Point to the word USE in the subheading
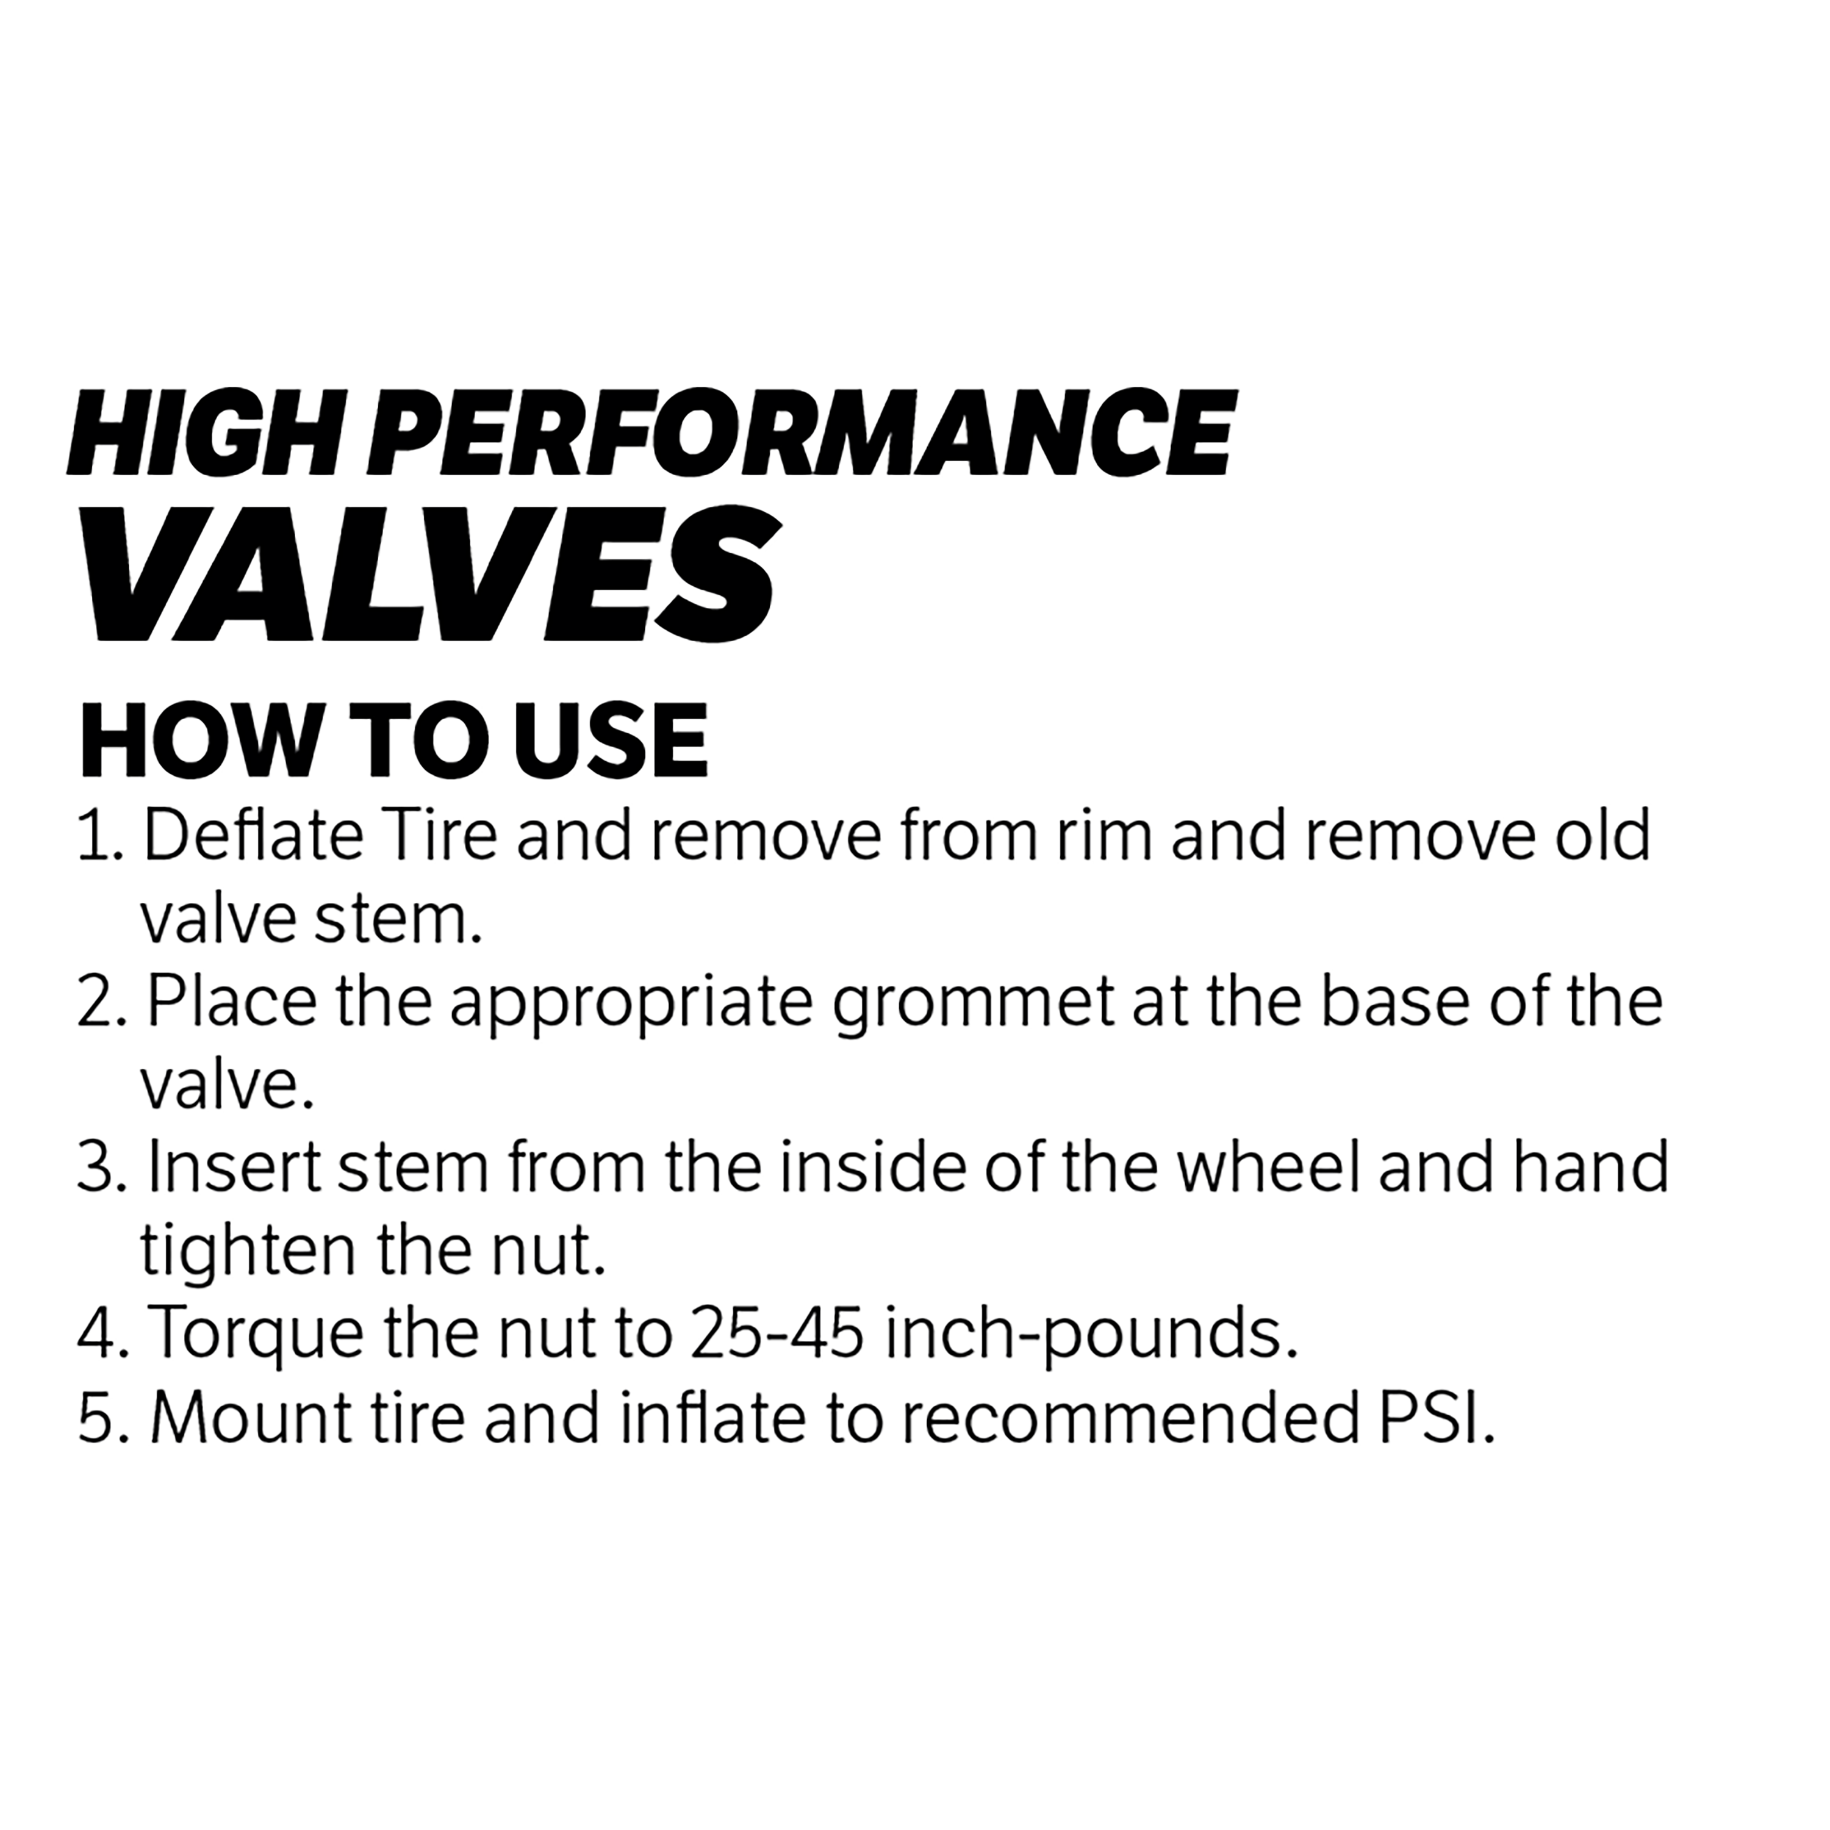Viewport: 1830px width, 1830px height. click(x=611, y=741)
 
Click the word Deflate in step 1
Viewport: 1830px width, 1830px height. click(x=253, y=836)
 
